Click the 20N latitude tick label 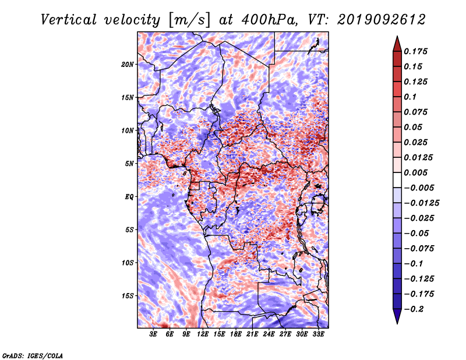click(128, 64)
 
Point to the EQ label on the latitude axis click(129, 196)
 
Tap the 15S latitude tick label click(128, 296)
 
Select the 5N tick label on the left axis click(129, 164)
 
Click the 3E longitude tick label click(153, 334)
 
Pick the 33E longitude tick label click(318, 334)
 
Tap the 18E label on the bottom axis click(236, 334)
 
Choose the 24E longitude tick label click(269, 334)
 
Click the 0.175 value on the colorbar click(415, 51)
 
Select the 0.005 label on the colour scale click(415, 172)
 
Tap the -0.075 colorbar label click(419, 249)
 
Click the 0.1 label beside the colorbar click(410, 97)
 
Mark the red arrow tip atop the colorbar click(397, 36)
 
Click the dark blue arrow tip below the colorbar click(397, 323)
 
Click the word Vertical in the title click(68, 20)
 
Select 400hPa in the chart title click(269, 20)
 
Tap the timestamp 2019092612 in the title click(382, 20)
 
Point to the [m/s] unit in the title click(189, 20)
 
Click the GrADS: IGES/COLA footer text click(33, 355)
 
